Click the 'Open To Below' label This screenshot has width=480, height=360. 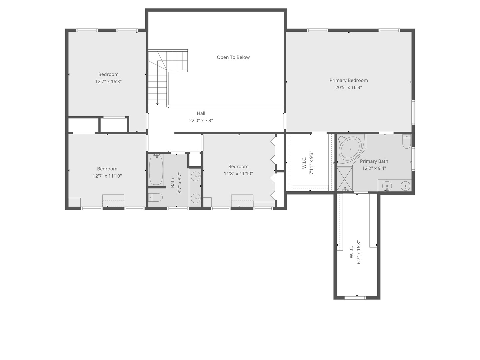[x=233, y=57]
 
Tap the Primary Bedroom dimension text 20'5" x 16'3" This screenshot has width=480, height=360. [x=348, y=88]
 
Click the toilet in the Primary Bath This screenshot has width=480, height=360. [x=407, y=142]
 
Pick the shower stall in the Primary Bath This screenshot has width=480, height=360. [x=344, y=179]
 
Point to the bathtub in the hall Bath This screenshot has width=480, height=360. [x=156, y=170]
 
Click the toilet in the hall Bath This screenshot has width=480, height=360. [x=155, y=198]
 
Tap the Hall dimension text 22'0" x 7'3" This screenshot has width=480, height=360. [x=201, y=121]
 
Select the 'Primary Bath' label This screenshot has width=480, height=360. [x=374, y=161]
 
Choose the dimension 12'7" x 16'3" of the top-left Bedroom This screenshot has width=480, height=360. [x=108, y=82]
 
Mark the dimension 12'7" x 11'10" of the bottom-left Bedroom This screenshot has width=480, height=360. [x=107, y=176]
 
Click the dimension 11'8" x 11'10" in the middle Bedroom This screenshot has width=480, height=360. [x=238, y=174]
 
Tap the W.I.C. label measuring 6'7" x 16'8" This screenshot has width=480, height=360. [x=351, y=252]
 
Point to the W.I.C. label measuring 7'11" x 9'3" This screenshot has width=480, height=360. [x=304, y=163]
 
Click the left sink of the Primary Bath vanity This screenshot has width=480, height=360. [x=387, y=186]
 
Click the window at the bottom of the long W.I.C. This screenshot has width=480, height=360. [x=355, y=298]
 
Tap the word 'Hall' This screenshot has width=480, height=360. [x=201, y=113]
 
